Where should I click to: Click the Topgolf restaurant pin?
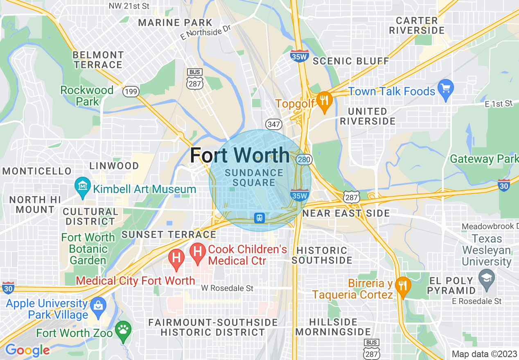[325, 100]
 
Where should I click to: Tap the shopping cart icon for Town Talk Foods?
[446, 88]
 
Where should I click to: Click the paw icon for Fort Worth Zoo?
[123, 329]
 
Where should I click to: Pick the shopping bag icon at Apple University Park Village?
[98, 306]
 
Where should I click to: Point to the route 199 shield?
[131, 92]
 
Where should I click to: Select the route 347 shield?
[273, 124]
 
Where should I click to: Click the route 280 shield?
[304, 159]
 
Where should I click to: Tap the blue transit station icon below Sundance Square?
[259, 218]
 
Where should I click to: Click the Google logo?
[27, 350]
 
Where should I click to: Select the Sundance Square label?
[254, 178]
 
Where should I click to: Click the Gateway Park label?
[484, 159]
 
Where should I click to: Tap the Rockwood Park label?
[87, 95]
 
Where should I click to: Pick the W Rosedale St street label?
[227, 288]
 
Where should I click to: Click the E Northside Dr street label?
[205, 34]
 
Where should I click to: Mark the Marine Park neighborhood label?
[175, 23]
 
